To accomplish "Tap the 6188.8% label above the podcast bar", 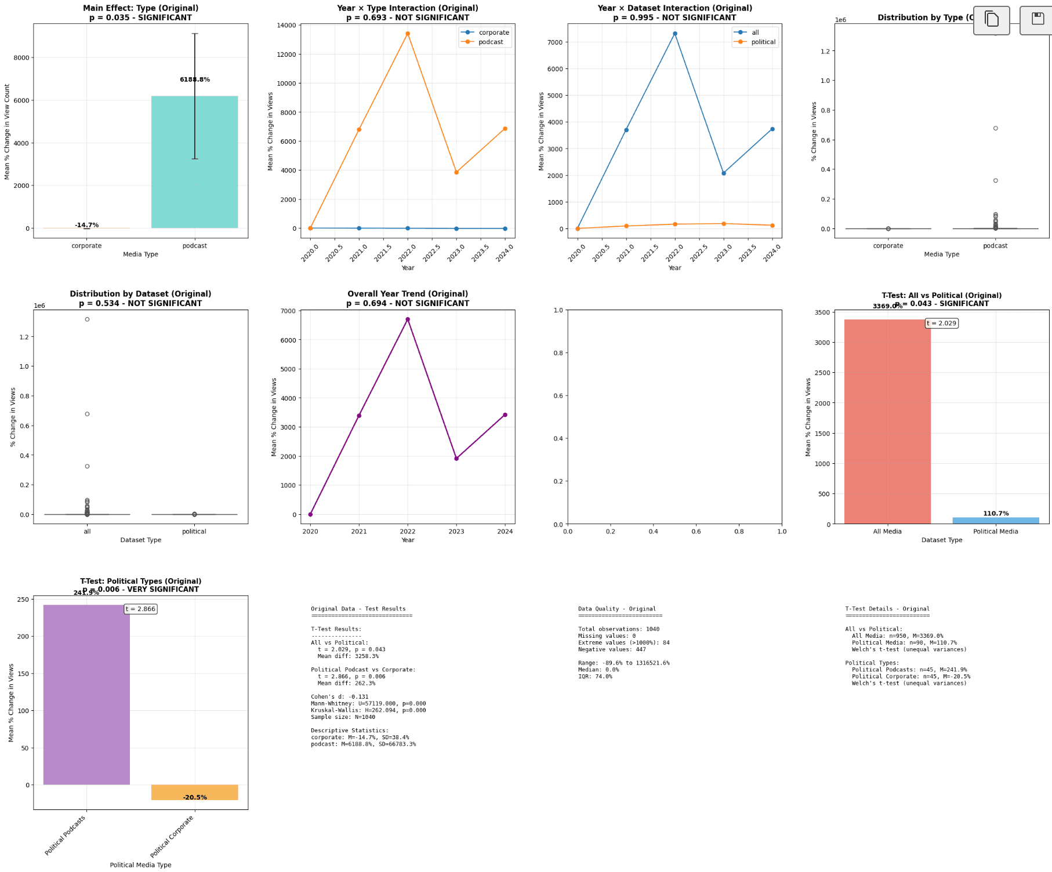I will (195, 79).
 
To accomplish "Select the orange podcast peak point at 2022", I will (408, 34).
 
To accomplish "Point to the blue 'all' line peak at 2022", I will (675, 34).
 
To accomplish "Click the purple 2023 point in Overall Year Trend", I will (456, 459).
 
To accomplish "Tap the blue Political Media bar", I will (996, 521).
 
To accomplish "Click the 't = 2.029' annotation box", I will (942, 324).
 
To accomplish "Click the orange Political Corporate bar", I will (194, 792).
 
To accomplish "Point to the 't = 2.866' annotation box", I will (141, 609).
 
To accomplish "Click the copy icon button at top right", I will (992, 20).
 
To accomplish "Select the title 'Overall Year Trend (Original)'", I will (408, 294).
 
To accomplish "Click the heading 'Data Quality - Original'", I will (616, 609).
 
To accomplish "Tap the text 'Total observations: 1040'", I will (618, 629).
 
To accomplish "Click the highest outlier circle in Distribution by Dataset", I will (87, 319).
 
